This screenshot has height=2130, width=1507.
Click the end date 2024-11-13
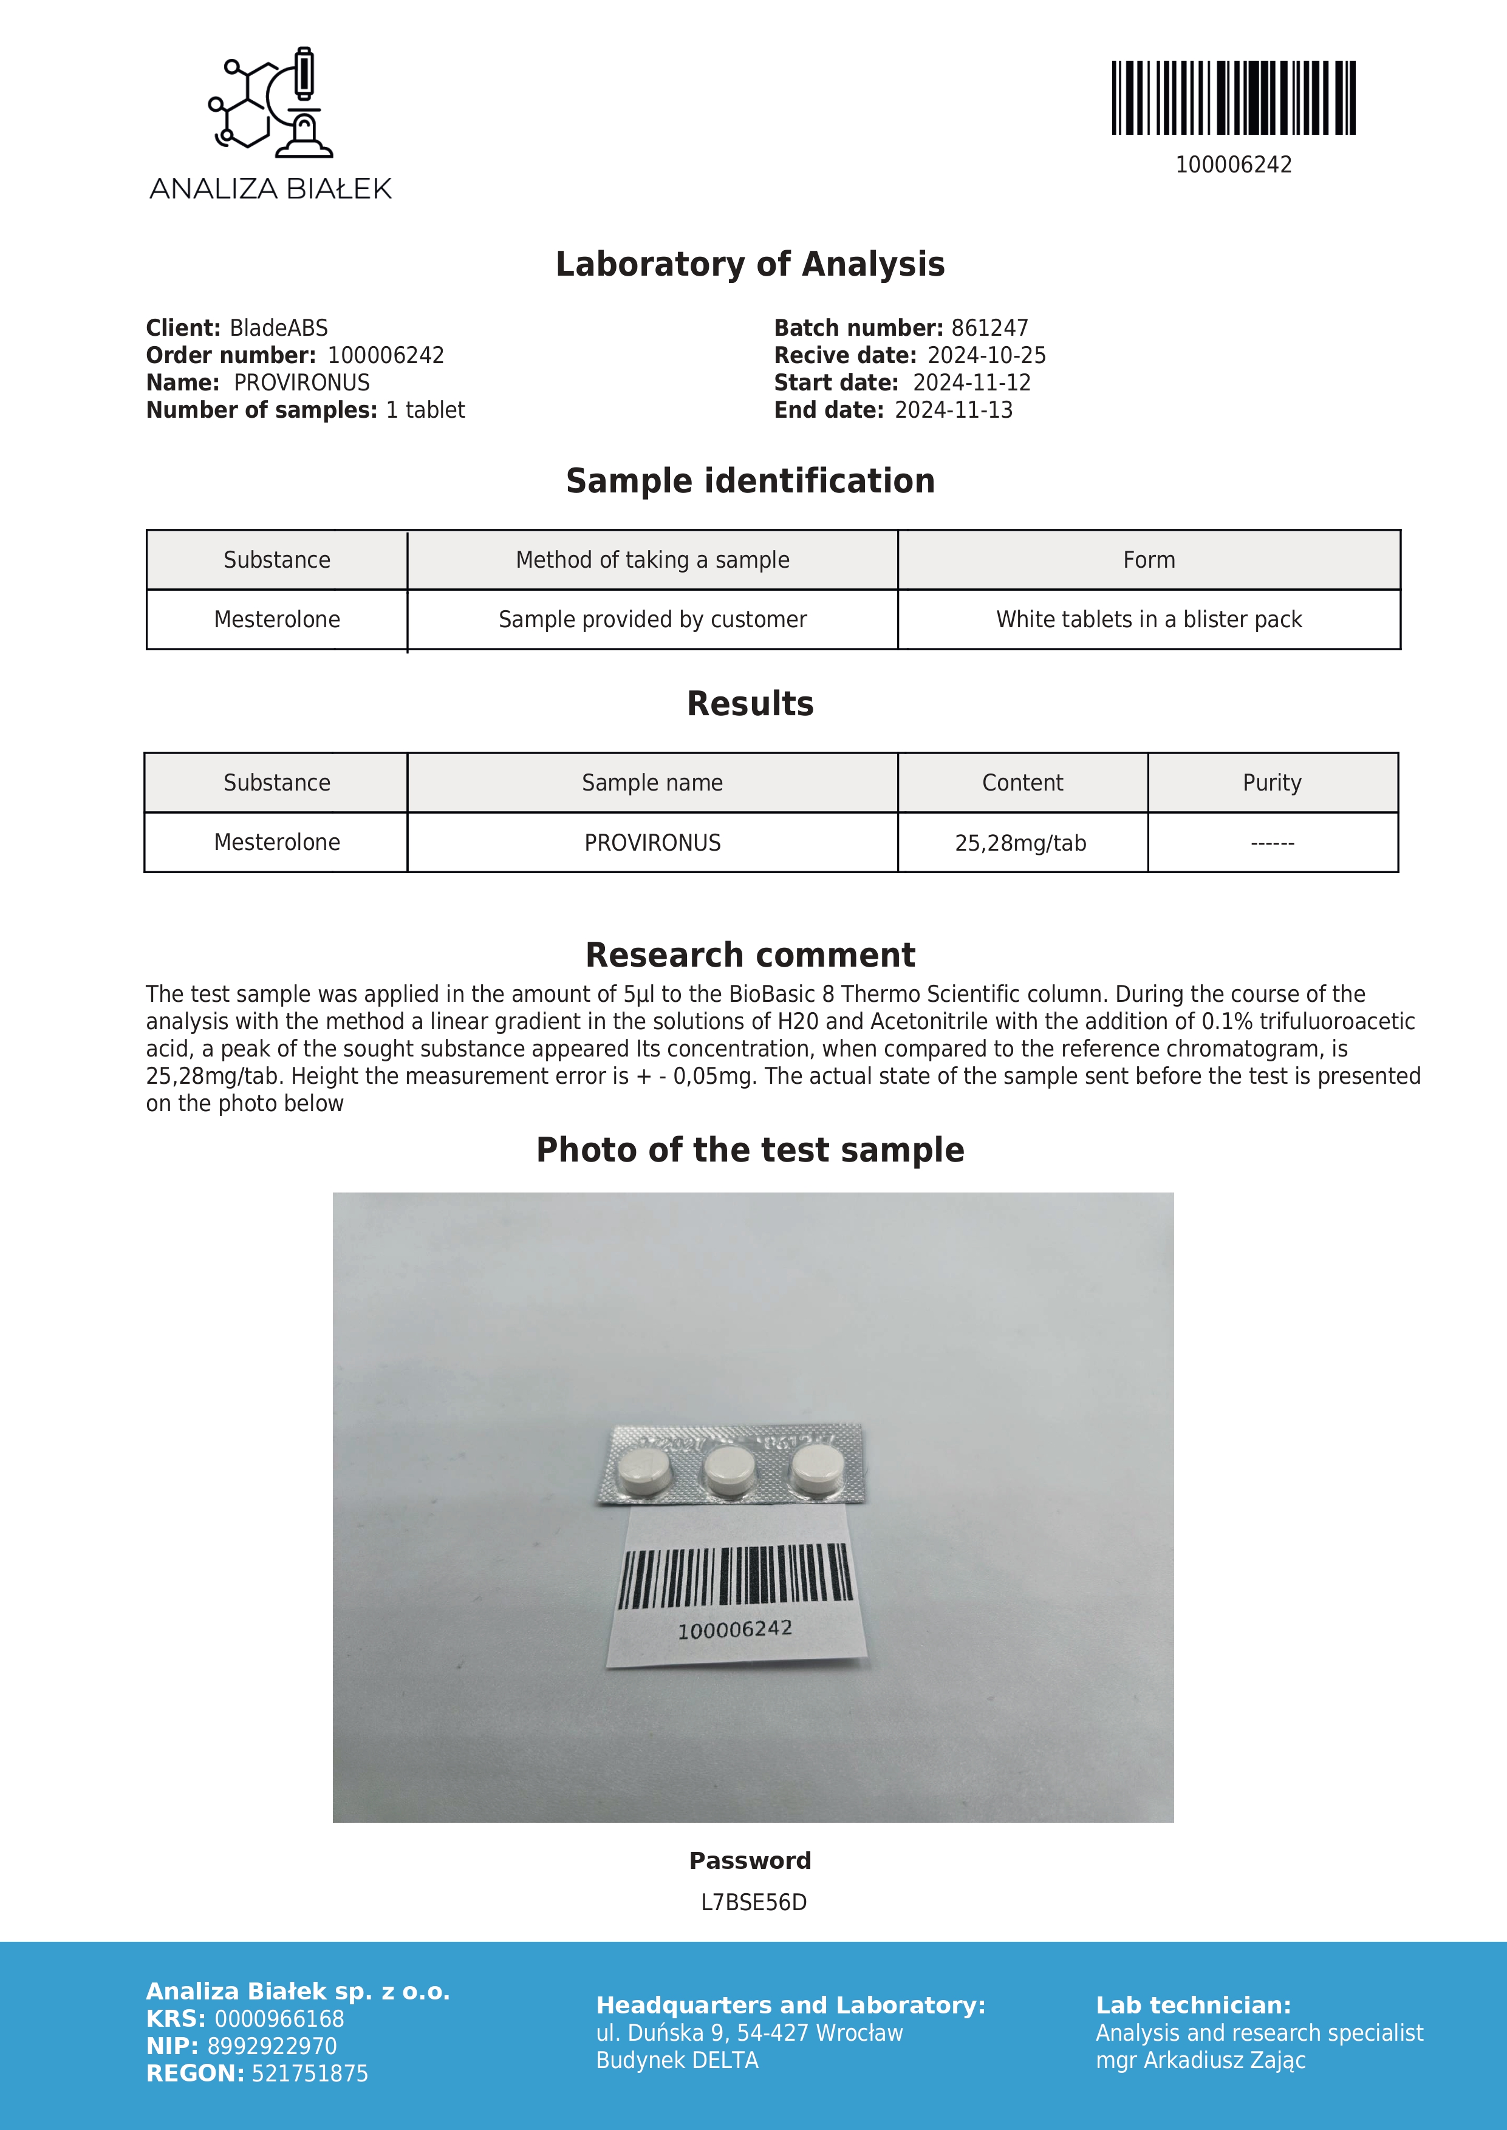pos(953,410)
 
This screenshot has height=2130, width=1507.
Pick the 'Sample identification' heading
pos(750,480)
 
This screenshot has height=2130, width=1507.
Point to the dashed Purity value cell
pos(1271,842)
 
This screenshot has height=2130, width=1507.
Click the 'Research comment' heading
pos(750,954)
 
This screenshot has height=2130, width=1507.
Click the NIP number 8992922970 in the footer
pos(272,2046)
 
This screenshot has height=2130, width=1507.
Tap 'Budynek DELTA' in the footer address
pos(677,2060)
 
